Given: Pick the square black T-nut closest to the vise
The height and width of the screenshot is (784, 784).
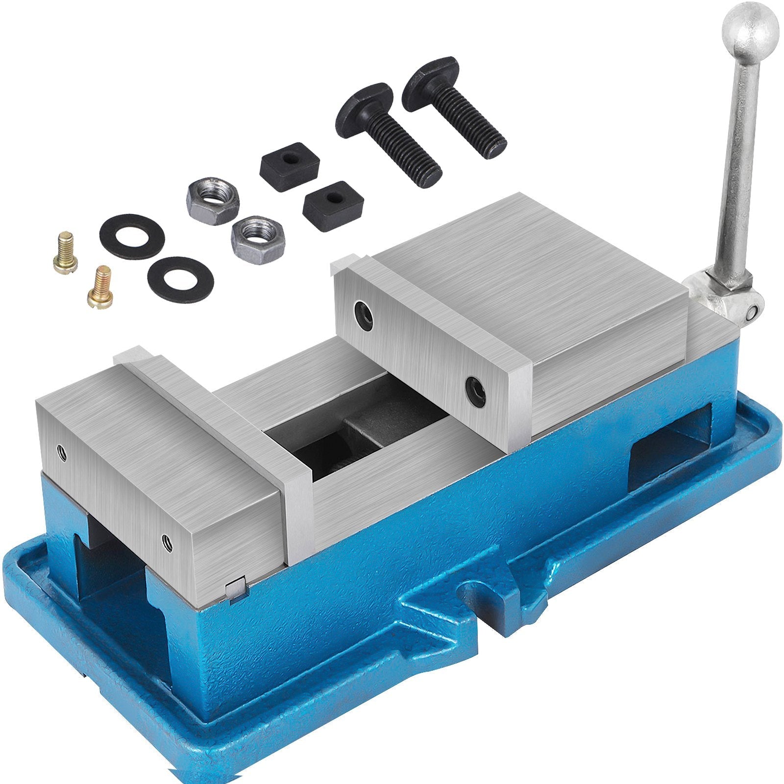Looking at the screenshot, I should [x=333, y=204].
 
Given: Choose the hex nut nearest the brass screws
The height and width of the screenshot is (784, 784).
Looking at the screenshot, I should [x=213, y=200].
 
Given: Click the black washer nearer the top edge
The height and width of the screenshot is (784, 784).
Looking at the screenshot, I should [x=132, y=237].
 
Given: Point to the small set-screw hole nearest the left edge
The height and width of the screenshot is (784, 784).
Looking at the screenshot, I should [x=61, y=452].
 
